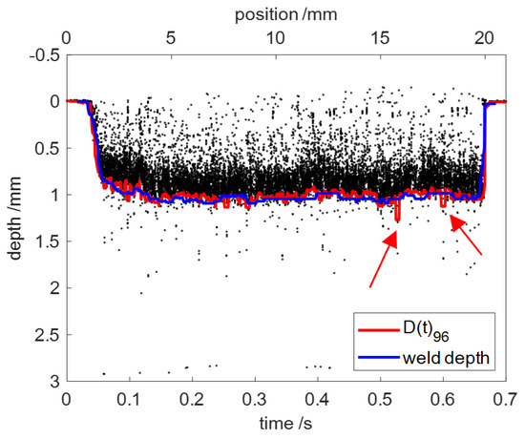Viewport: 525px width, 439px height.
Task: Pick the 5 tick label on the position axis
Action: (171, 38)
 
